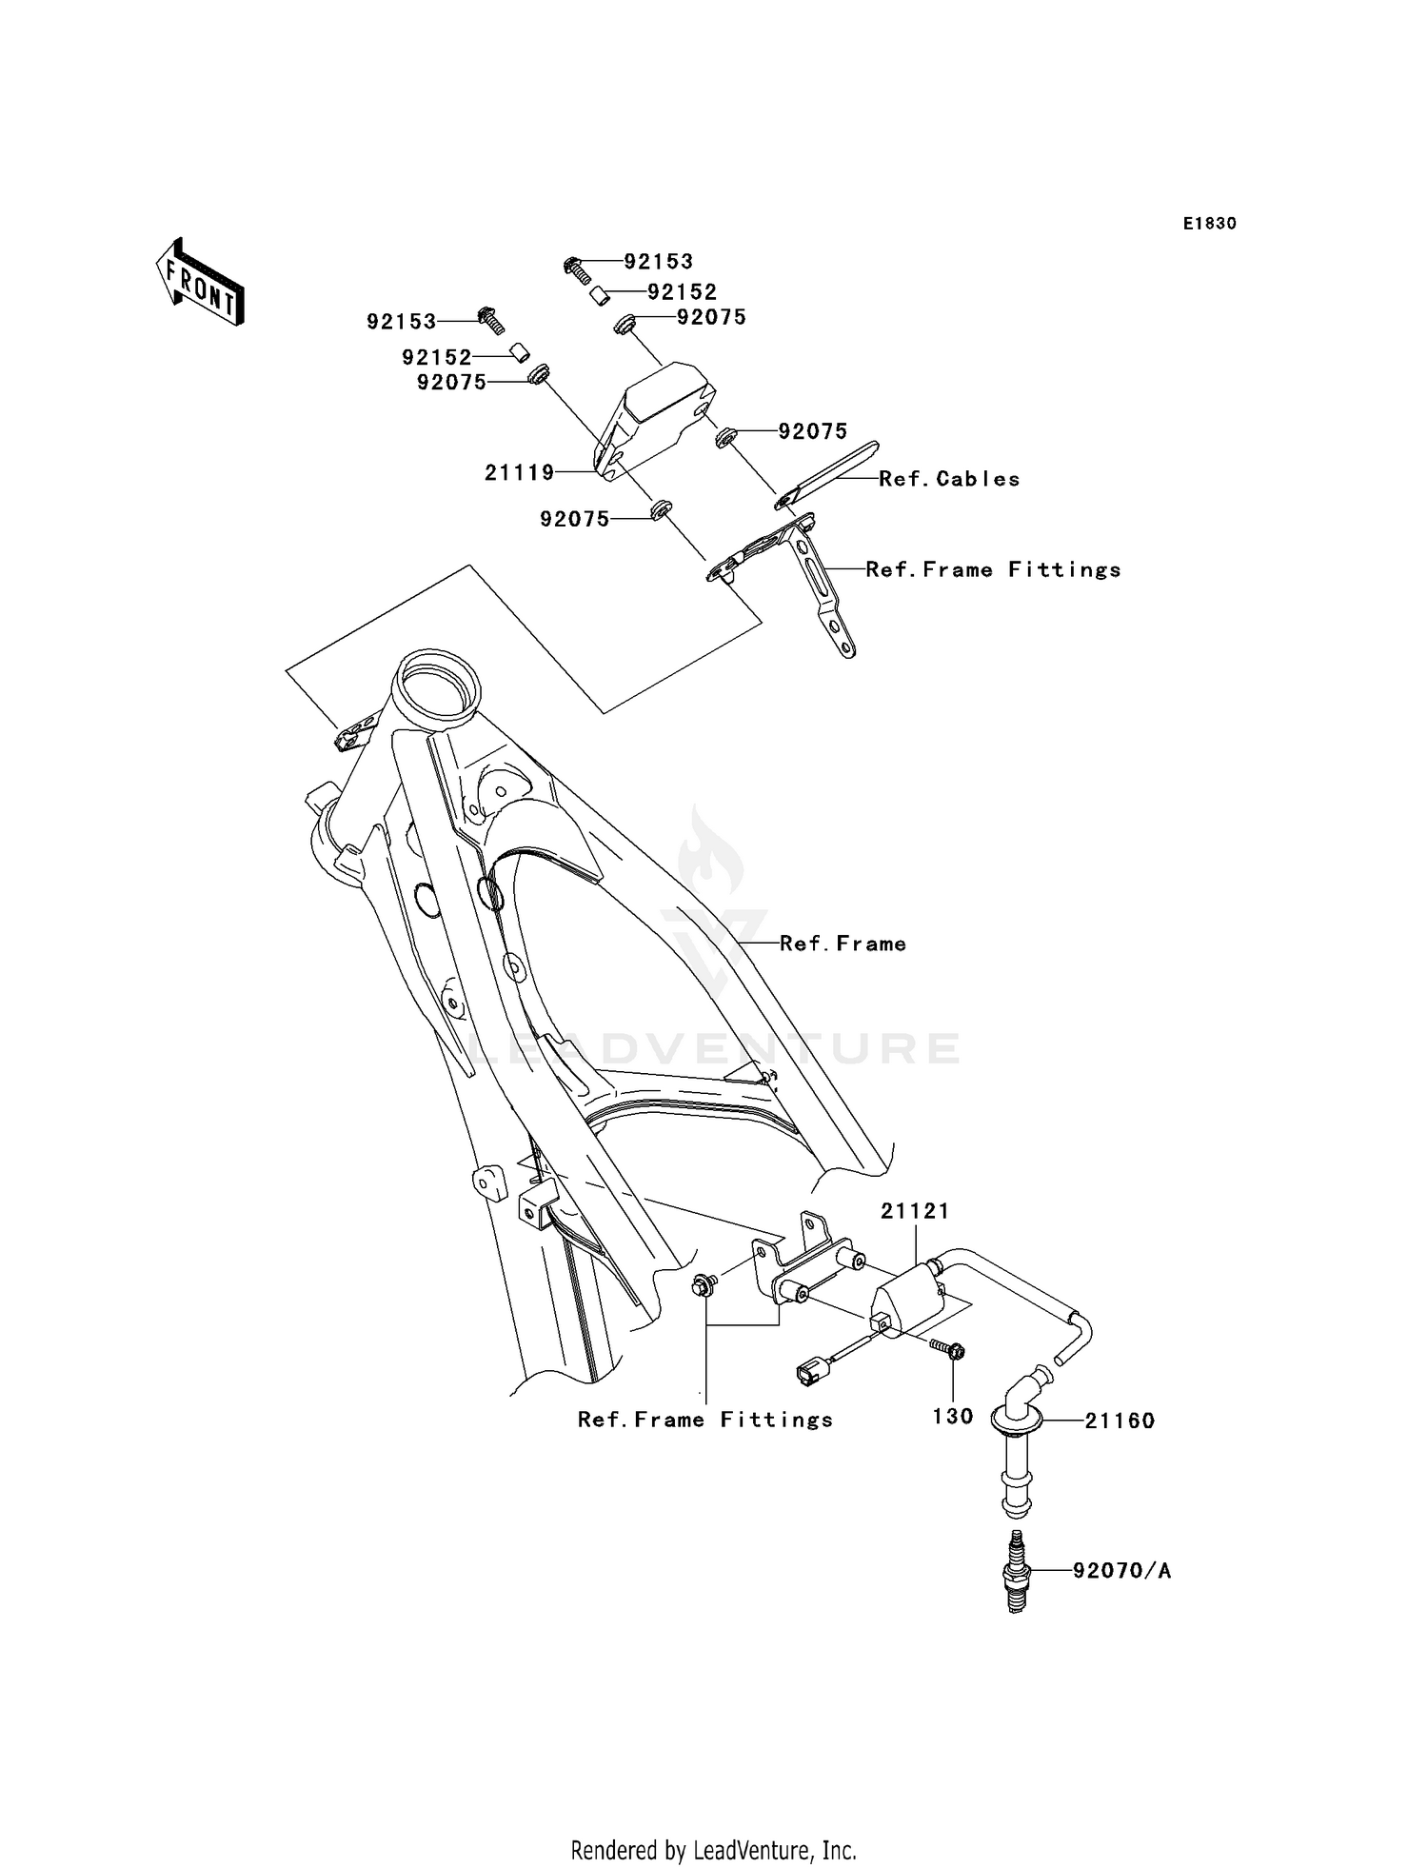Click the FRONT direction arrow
tap(201, 284)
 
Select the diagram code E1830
tap(1209, 224)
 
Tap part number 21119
tap(519, 471)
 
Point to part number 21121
tap(914, 1211)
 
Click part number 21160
tap(1120, 1421)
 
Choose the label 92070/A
tap(1121, 1571)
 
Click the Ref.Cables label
tap(949, 479)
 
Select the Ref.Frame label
tap(843, 944)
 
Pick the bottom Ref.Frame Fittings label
tap(705, 1420)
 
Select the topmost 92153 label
tap(658, 262)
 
